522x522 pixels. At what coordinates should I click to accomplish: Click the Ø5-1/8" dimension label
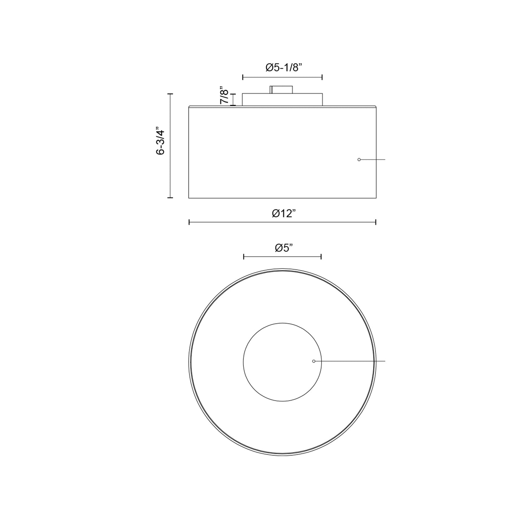(284, 68)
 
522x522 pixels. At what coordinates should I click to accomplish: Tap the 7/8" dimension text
(225, 95)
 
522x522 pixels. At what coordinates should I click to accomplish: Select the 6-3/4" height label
(160, 141)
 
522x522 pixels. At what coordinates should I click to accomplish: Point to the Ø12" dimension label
(284, 213)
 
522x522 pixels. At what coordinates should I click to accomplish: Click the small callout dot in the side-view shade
(359, 160)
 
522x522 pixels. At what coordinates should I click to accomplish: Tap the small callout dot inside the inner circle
(314, 361)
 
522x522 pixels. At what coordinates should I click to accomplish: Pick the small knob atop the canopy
(281, 90)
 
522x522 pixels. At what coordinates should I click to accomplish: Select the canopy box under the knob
(282, 99)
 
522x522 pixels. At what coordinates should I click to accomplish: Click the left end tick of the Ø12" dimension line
(189, 223)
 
